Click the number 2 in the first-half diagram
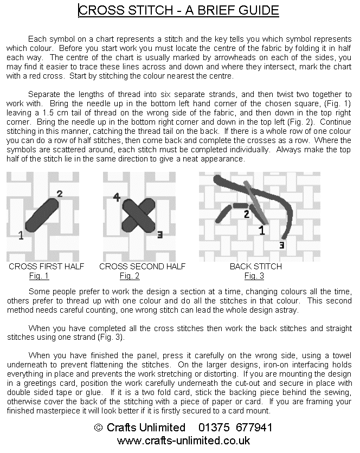coord(60,193)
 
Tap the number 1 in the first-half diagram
coord(21,235)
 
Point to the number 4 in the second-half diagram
coord(117,197)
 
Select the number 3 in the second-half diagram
coord(159,234)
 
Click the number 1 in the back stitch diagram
coord(262,231)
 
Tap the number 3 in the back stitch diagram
coord(281,245)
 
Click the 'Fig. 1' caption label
coord(39,276)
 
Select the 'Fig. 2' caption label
coord(130,276)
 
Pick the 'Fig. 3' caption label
coord(254,276)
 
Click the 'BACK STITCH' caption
coord(256,267)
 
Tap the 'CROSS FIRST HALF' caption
coord(47,267)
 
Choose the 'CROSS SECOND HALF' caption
coord(143,267)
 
